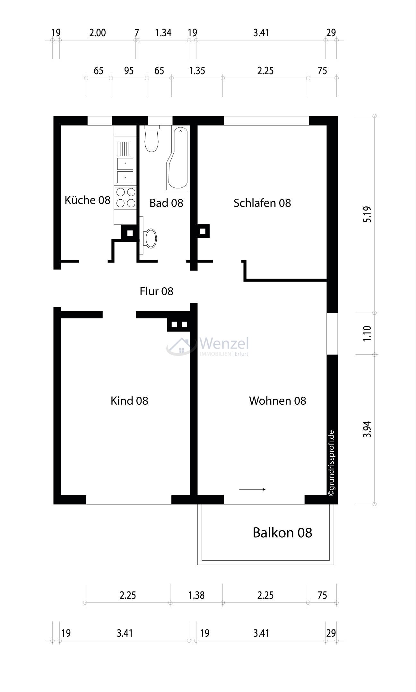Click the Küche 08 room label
pyautogui.click(x=87, y=200)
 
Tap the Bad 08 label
pyautogui.click(x=166, y=203)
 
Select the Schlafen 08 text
pyautogui.click(x=262, y=203)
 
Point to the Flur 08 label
pyautogui.click(x=156, y=291)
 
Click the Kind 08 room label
pyautogui.click(x=129, y=401)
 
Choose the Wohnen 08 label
pyautogui.click(x=278, y=401)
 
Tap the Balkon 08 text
pyautogui.click(x=282, y=533)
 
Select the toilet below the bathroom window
pyautogui.click(x=152, y=140)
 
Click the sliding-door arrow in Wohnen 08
pyautogui.click(x=252, y=489)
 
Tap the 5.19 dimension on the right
pyautogui.click(x=368, y=214)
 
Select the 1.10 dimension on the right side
pyautogui.click(x=368, y=333)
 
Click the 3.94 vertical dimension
pyautogui.click(x=368, y=429)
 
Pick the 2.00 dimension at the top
pyautogui.click(x=98, y=33)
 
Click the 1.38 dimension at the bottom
pyautogui.click(x=196, y=595)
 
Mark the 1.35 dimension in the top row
pyautogui.click(x=197, y=71)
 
